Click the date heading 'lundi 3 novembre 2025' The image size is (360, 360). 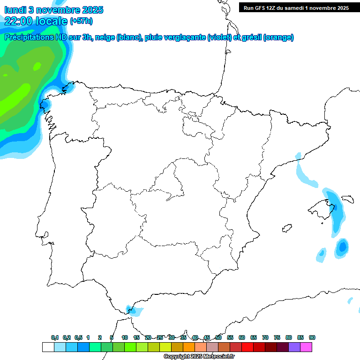[x=54, y=10]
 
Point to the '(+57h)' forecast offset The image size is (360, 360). [x=81, y=21]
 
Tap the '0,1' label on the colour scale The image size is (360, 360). [x=55, y=337]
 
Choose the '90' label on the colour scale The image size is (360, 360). [x=312, y=337]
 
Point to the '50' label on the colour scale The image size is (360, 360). [x=218, y=337]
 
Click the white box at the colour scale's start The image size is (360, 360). [x=48, y=347]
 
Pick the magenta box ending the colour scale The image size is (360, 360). [x=306, y=347]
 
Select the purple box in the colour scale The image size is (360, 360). [x=294, y=347]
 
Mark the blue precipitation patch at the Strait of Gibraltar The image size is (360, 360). [x=133, y=310]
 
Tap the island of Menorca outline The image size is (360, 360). [x=348, y=199]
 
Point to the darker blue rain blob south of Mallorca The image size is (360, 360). [x=343, y=246]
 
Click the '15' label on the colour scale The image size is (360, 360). [x=136, y=337]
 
